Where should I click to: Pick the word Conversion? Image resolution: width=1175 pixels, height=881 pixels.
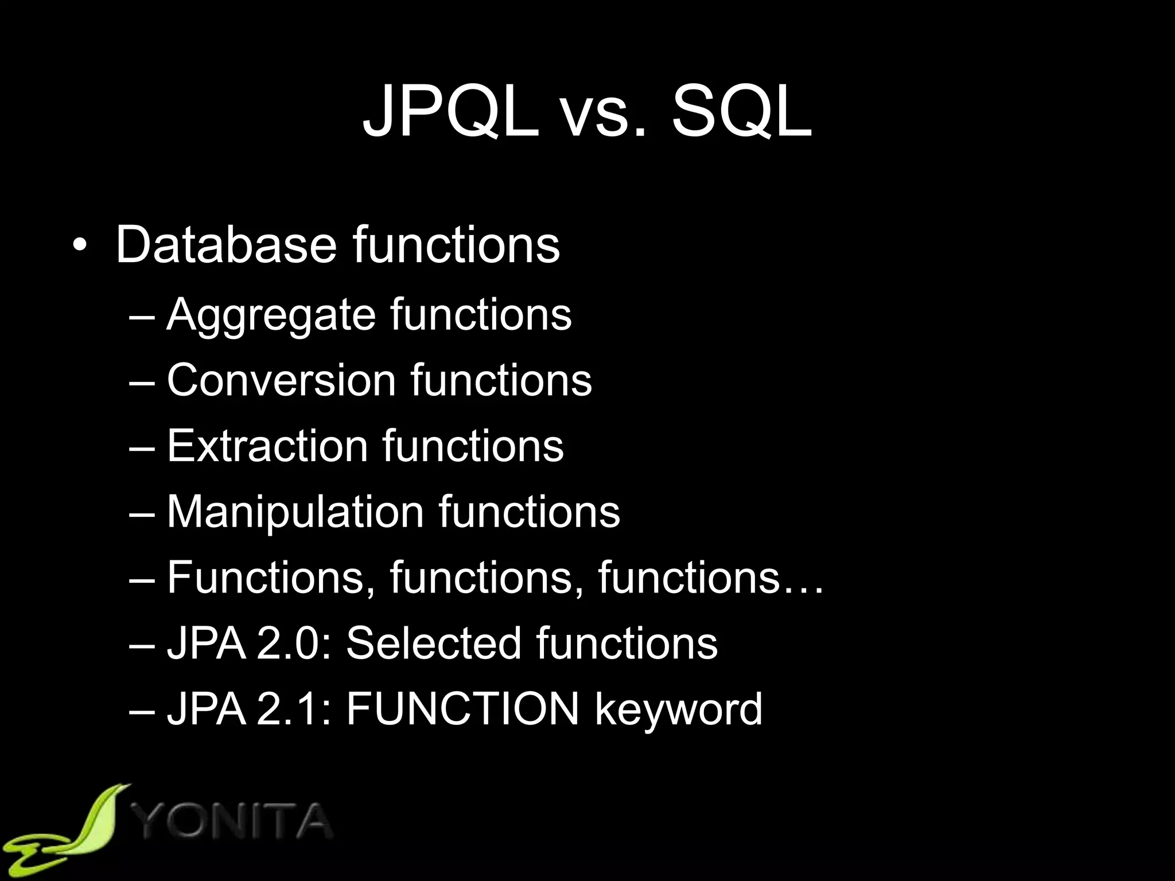[x=281, y=380]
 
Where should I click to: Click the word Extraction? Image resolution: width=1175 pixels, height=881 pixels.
[x=267, y=446]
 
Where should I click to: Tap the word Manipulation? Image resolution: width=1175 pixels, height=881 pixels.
[x=295, y=511]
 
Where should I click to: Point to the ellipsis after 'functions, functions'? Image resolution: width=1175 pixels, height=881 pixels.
[x=802, y=587]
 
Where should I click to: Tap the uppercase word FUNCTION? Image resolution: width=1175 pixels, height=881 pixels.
[x=462, y=709]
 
